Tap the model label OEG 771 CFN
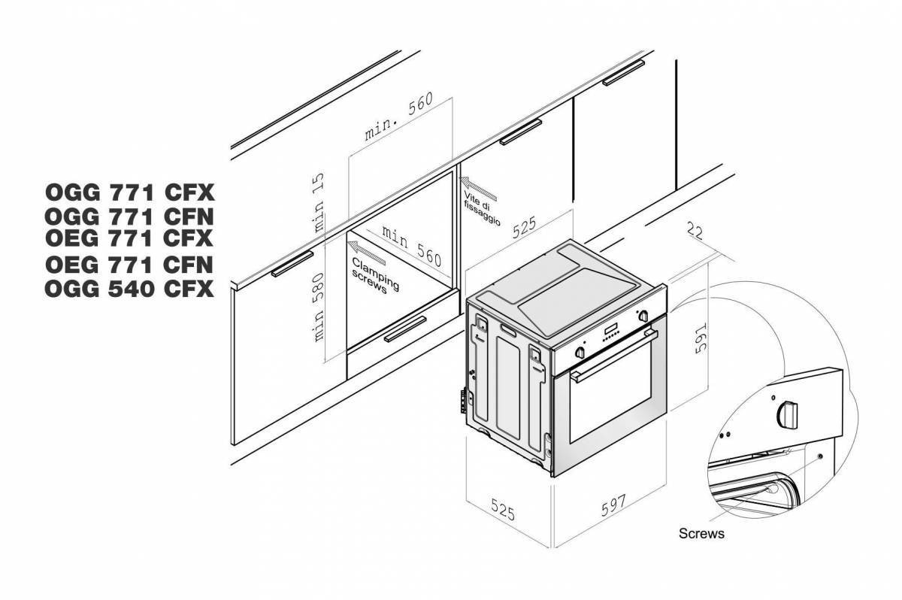pyautogui.click(x=129, y=264)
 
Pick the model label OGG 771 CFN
pyautogui.click(x=129, y=217)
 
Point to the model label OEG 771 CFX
pyautogui.click(x=129, y=239)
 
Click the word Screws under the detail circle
pyautogui.click(x=701, y=534)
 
